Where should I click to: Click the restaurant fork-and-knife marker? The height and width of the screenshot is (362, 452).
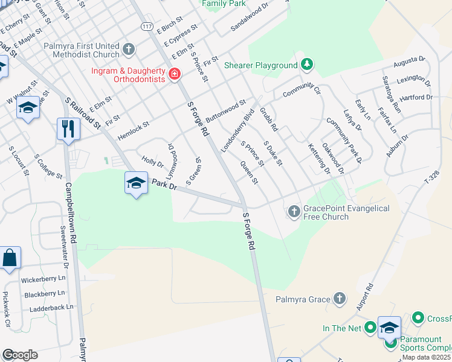[68, 129]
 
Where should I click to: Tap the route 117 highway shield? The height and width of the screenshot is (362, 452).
[147, 27]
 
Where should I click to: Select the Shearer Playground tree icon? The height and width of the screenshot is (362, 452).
[307, 65]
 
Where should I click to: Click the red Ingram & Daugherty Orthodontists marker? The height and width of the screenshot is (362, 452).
[175, 74]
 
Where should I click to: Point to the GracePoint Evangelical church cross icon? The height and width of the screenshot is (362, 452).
[294, 211]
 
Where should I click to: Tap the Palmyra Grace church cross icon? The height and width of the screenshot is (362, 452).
[340, 299]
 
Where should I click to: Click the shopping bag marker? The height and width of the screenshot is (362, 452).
[10, 258]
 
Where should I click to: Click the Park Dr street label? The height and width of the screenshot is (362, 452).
[164, 185]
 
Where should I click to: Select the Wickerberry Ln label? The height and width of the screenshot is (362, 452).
[43, 280]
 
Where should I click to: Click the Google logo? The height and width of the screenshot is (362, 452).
[20, 354]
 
